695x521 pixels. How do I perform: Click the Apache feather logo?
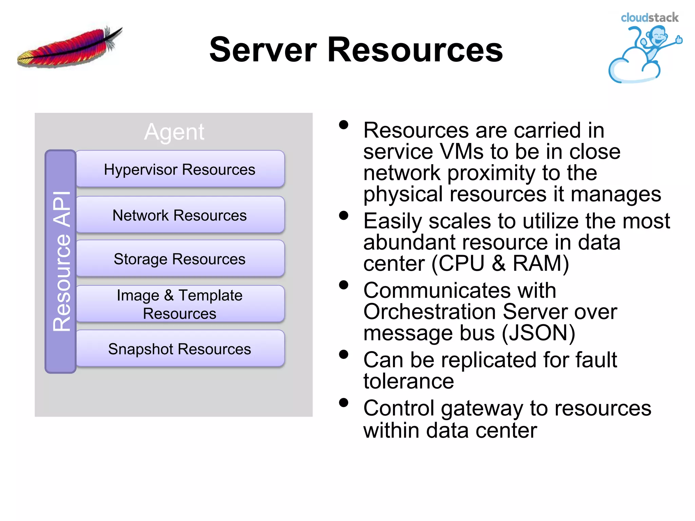tap(70, 47)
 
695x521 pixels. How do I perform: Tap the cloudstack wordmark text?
tap(649, 18)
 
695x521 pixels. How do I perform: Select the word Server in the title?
tap(263, 50)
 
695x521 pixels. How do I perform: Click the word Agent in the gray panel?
tap(174, 132)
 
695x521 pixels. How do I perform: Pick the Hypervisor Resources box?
tap(180, 169)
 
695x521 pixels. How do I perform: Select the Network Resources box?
tap(180, 215)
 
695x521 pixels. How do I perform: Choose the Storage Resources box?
tap(180, 259)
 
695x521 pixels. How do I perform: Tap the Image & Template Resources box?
tap(180, 304)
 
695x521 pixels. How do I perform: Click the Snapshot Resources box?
tap(180, 349)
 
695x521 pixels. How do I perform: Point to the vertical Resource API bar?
tap(60, 262)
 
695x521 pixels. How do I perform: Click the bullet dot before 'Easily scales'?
tap(343, 216)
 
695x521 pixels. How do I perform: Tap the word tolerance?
tap(409, 381)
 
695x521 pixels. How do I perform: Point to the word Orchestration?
tap(429, 312)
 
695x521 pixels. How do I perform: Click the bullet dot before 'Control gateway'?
tap(343, 403)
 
